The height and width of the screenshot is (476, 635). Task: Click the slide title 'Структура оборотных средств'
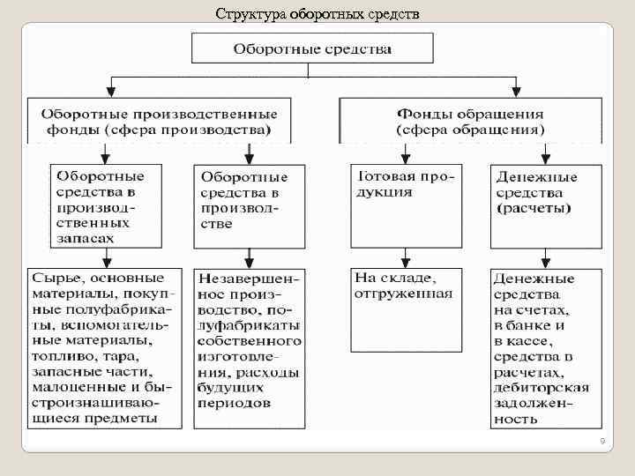tap(317, 14)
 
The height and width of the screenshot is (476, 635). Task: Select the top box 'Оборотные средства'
tap(312, 48)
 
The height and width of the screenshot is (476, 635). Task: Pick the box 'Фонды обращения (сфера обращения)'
tap(470, 121)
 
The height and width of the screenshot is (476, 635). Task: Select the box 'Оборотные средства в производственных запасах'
tap(104, 204)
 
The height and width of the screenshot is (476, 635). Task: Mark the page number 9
tap(601, 441)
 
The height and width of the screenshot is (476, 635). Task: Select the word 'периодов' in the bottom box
tap(235, 403)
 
